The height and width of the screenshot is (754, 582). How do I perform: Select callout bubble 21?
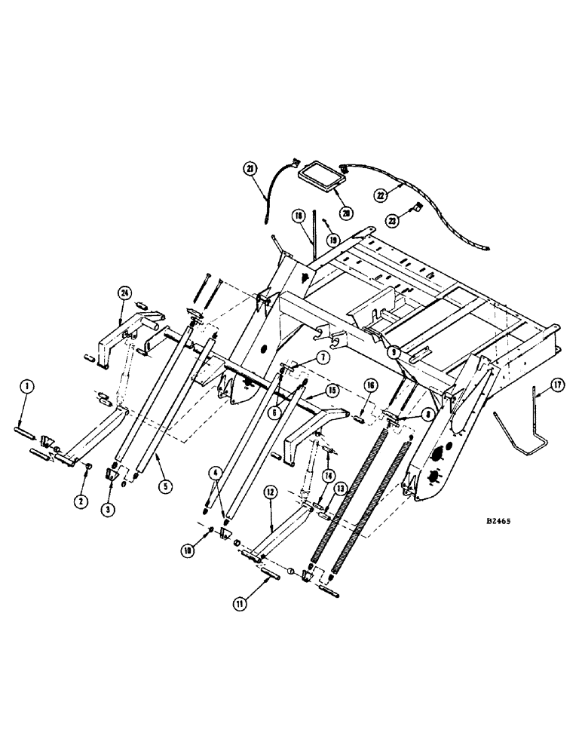point(250,169)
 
